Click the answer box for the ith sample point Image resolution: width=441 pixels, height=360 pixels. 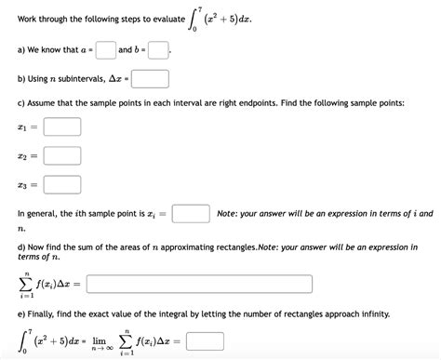click(x=189, y=214)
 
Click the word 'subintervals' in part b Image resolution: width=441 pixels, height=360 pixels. click(x=93, y=78)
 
